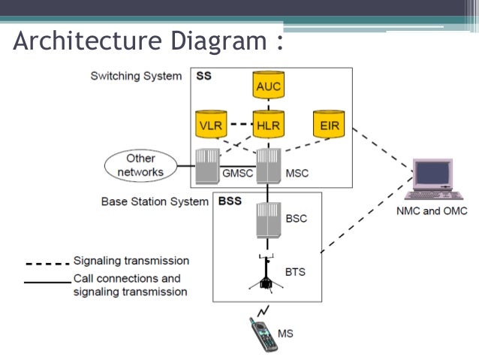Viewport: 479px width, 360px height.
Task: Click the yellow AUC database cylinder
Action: pyautogui.click(x=268, y=86)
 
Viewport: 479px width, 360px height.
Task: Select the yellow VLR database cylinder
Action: pyautogui.click(x=210, y=124)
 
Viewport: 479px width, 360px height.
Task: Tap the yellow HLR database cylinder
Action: pyautogui.click(x=268, y=124)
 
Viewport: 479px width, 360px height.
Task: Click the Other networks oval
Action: pyautogui.click(x=140, y=165)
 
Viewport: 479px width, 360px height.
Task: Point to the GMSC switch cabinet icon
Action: pyautogui.click(x=206, y=165)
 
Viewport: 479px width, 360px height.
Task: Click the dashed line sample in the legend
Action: pyautogui.click(x=47, y=262)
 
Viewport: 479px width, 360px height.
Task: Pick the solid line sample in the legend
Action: pyautogui.click(x=47, y=283)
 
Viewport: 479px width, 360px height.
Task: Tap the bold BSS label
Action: pyautogui.click(x=230, y=201)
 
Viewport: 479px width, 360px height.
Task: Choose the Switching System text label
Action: pyautogui.click(x=135, y=76)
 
